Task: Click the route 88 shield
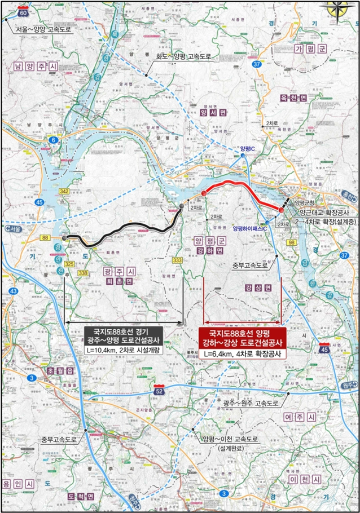pyautogui.click(x=45, y=238)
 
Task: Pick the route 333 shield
pyautogui.click(x=177, y=260)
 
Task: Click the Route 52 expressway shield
pyautogui.click(x=160, y=391)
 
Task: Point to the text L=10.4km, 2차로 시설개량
pyautogui.click(x=123, y=351)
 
